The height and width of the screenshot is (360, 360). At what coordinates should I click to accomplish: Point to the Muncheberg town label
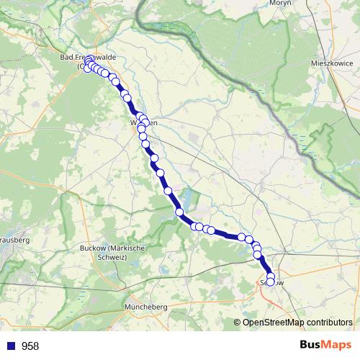[x=146, y=307]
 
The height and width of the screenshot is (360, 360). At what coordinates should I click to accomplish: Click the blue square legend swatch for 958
[x=11, y=346]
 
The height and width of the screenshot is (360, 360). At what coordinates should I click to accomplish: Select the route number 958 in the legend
[x=30, y=346]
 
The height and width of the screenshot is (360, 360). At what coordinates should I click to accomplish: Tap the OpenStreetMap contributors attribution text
[x=297, y=322]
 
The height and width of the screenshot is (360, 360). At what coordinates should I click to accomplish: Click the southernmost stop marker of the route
[x=271, y=282]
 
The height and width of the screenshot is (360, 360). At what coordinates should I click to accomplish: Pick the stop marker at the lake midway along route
[x=180, y=212]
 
